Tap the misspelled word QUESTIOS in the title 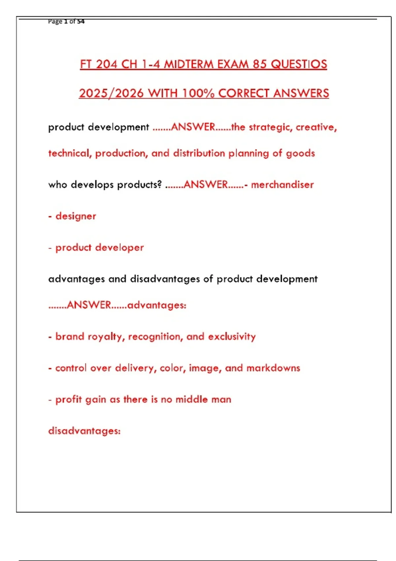click(x=299, y=64)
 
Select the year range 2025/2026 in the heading click(x=111, y=93)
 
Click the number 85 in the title click(x=260, y=64)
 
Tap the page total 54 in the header click(x=81, y=21)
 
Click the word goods click(x=300, y=153)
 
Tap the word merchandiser click(x=282, y=184)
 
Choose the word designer click(x=76, y=216)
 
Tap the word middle click(x=191, y=399)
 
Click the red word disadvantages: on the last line click(x=84, y=431)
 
